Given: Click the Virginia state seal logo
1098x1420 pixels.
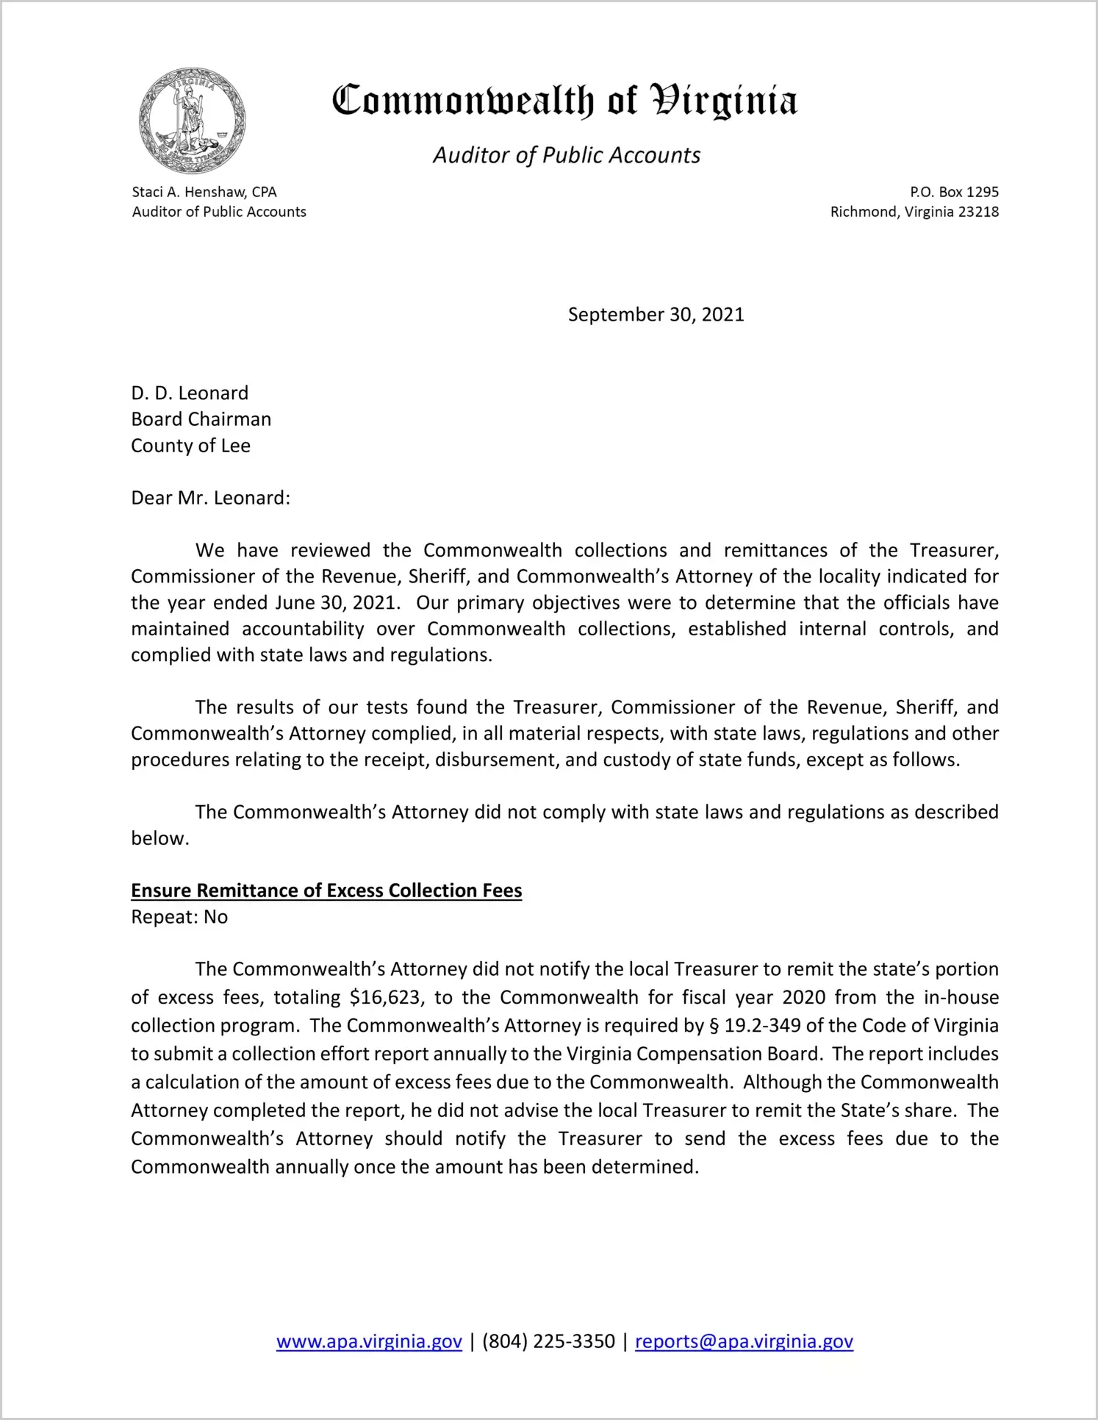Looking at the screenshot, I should [x=191, y=121].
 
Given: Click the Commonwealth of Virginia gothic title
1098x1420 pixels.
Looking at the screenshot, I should [x=564, y=101].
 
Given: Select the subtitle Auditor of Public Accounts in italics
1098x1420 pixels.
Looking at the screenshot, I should [x=566, y=155].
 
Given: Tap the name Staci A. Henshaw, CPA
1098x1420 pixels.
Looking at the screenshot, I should [x=204, y=192].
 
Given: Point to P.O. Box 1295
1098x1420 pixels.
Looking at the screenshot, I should [x=954, y=192].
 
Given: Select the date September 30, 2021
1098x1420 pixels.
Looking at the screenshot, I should [x=656, y=315].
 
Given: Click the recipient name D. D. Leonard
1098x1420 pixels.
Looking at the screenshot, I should [x=190, y=393].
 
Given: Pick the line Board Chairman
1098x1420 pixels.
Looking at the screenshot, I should [x=201, y=419].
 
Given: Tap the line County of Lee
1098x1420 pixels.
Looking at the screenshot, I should [x=190, y=446].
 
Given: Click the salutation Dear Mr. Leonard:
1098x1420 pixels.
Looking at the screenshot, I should [x=210, y=498].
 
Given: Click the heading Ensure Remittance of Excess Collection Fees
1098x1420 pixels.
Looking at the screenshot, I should [x=326, y=891].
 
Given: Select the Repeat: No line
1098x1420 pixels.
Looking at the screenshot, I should [x=179, y=917].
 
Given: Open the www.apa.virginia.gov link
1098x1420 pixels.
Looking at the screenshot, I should [x=369, y=1341].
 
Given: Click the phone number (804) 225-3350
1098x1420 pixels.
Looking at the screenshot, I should [x=548, y=1341].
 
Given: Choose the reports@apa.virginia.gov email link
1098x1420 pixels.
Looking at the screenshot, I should [x=744, y=1341].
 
